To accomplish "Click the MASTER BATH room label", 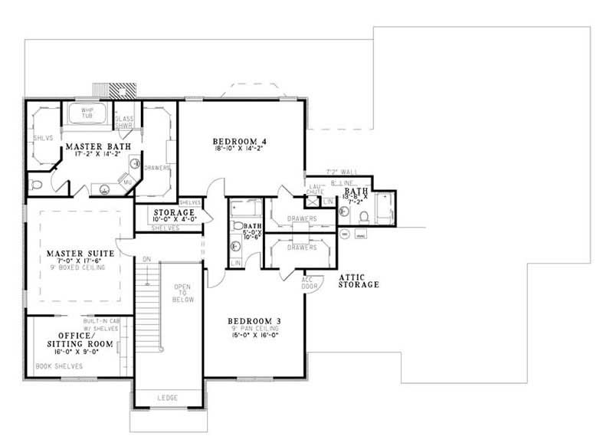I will (97, 146).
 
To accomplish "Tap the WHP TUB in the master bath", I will (87, 114).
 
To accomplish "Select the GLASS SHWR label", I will (124, 123).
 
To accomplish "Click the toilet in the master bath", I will (35, 185).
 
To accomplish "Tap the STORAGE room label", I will (173, 212).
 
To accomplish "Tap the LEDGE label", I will (168, 398).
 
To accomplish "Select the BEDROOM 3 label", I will (254, 320).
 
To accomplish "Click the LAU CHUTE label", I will (316, 189).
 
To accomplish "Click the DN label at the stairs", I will (146, 258).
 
